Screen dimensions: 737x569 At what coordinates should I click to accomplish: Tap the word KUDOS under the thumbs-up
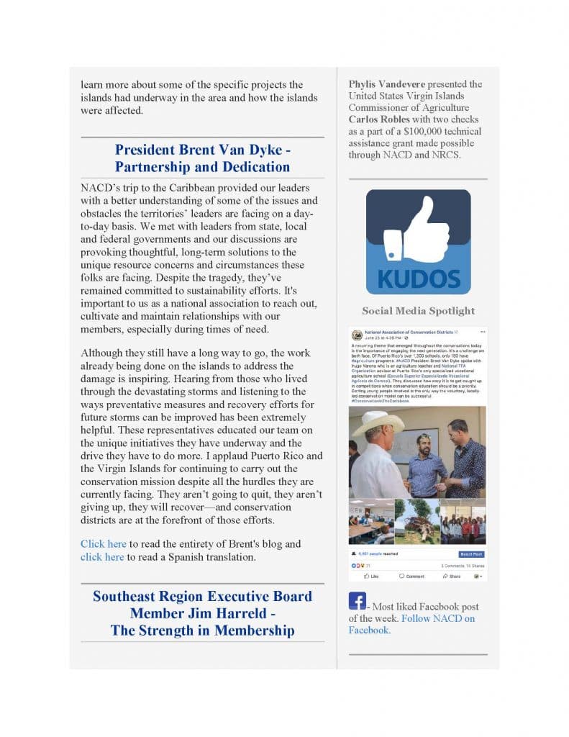[x=418, y=278]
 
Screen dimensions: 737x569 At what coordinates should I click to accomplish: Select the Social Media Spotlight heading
[x=418, y=311]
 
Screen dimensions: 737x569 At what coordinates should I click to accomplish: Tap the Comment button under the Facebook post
[x=412, y=576]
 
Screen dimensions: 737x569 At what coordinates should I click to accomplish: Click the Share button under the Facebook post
[x=452, y=576]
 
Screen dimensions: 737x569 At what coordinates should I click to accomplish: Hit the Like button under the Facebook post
[x=372, y=576]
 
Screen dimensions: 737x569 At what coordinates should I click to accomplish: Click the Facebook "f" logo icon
[x=357, y=601]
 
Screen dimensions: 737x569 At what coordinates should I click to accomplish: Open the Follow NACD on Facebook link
[x=438, y=618]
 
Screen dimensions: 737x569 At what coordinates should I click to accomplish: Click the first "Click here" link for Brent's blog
[x=103, y=543]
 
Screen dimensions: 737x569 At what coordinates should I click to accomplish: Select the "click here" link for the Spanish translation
[x=102, y=557]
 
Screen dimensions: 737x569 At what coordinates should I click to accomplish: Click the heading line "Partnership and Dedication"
[x=202, y=167]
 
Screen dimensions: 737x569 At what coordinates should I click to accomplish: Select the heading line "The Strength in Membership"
[x=202, y=630]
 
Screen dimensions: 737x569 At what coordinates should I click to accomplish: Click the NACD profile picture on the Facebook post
[x=356, y=335]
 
